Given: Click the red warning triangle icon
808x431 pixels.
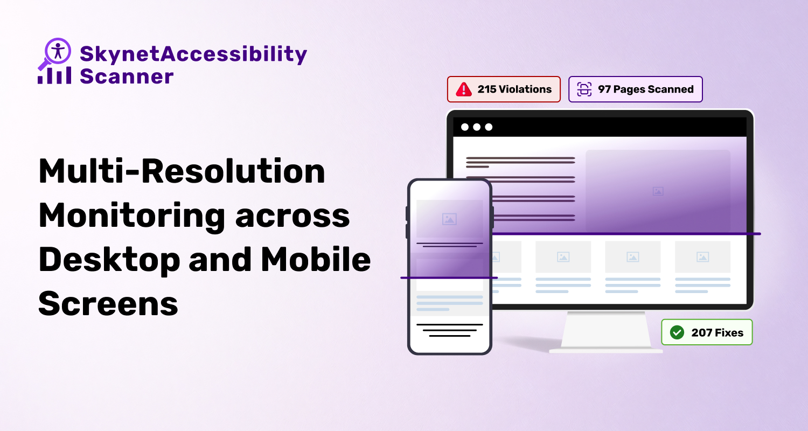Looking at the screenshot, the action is tap(463, 89).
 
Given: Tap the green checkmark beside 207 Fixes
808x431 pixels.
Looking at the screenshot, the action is tap(677, 332).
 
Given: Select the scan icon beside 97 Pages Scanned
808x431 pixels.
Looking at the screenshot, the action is tap(584, 89).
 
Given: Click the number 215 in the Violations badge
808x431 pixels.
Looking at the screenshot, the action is tap(486, 89).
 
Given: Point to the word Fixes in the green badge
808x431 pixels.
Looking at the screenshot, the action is tap(729, 332).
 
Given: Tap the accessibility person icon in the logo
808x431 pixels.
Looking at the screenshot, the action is tap(58, 51).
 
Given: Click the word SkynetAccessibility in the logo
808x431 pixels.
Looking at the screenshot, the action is tap(193, 54).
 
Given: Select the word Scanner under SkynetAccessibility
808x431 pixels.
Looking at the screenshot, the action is tap(127, 77).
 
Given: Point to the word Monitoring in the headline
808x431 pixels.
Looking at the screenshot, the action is tap(131, 215).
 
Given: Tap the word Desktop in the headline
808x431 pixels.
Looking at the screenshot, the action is tap(109, 260).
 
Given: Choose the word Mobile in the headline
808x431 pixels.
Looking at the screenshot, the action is tap(316, 259).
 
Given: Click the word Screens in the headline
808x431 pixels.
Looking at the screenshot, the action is tap(108, 304).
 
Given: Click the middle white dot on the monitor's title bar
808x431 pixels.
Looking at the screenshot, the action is tap(477, 127).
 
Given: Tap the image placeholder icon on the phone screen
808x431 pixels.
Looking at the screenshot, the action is tap(449, 219).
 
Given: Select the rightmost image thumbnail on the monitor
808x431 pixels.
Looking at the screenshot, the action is tap(702, 257).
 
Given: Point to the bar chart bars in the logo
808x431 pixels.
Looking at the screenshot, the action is tap(54, 75).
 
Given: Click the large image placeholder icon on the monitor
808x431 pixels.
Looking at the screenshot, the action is tap(658, 191).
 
